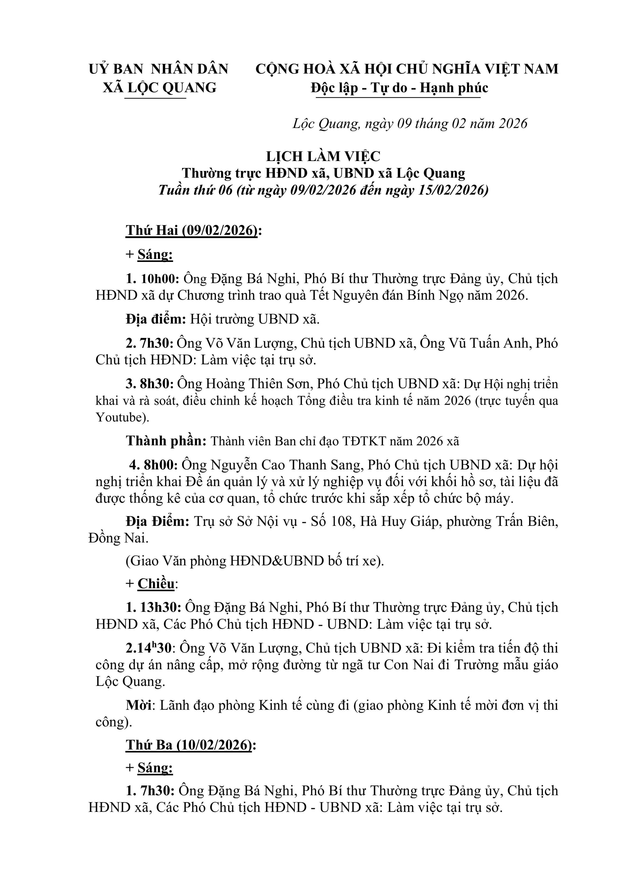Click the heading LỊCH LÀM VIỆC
323,156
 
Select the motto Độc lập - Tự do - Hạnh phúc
399,88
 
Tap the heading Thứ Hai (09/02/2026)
192,230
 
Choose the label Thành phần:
166,441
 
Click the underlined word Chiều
156,584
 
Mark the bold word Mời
139,705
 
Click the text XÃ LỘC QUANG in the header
160,88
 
